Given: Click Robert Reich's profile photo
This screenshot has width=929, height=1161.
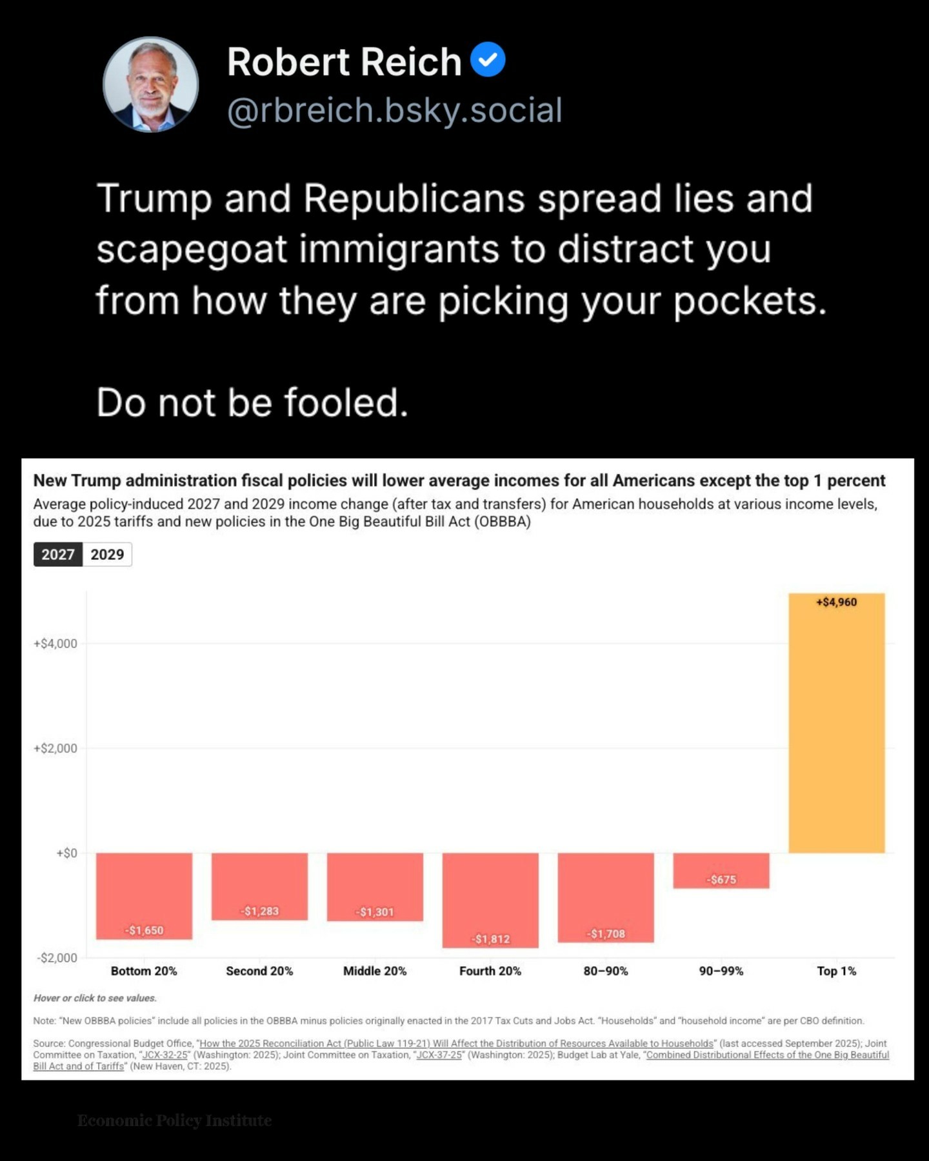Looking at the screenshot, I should click(150, 84).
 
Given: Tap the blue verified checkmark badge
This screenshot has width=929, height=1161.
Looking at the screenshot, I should click(488, 59).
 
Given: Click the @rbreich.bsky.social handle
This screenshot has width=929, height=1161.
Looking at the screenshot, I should click(394, 110).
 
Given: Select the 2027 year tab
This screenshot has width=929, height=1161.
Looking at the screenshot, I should click(58, 554).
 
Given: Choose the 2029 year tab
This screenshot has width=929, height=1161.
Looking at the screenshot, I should click(107, 554).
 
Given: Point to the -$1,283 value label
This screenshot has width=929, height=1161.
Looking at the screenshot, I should click(259, 911).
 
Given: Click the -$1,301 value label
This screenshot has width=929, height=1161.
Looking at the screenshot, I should click(375, 911).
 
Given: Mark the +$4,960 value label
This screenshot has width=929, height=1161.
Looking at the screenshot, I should click(836, 602).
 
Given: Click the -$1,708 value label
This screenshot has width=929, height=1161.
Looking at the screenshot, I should click(606, 933).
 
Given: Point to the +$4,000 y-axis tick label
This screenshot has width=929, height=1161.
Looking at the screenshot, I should click(55, 643).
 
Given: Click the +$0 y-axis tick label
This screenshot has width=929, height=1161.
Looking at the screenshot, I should click(66, 853).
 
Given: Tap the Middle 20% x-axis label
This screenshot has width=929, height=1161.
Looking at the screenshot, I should click(375, 971).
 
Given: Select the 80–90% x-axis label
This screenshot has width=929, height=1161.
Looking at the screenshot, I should click(606, 971).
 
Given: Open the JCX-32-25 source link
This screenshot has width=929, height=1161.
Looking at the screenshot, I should click(165, 1055).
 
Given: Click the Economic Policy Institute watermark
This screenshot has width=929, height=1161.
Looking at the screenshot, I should click(174, 1120).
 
